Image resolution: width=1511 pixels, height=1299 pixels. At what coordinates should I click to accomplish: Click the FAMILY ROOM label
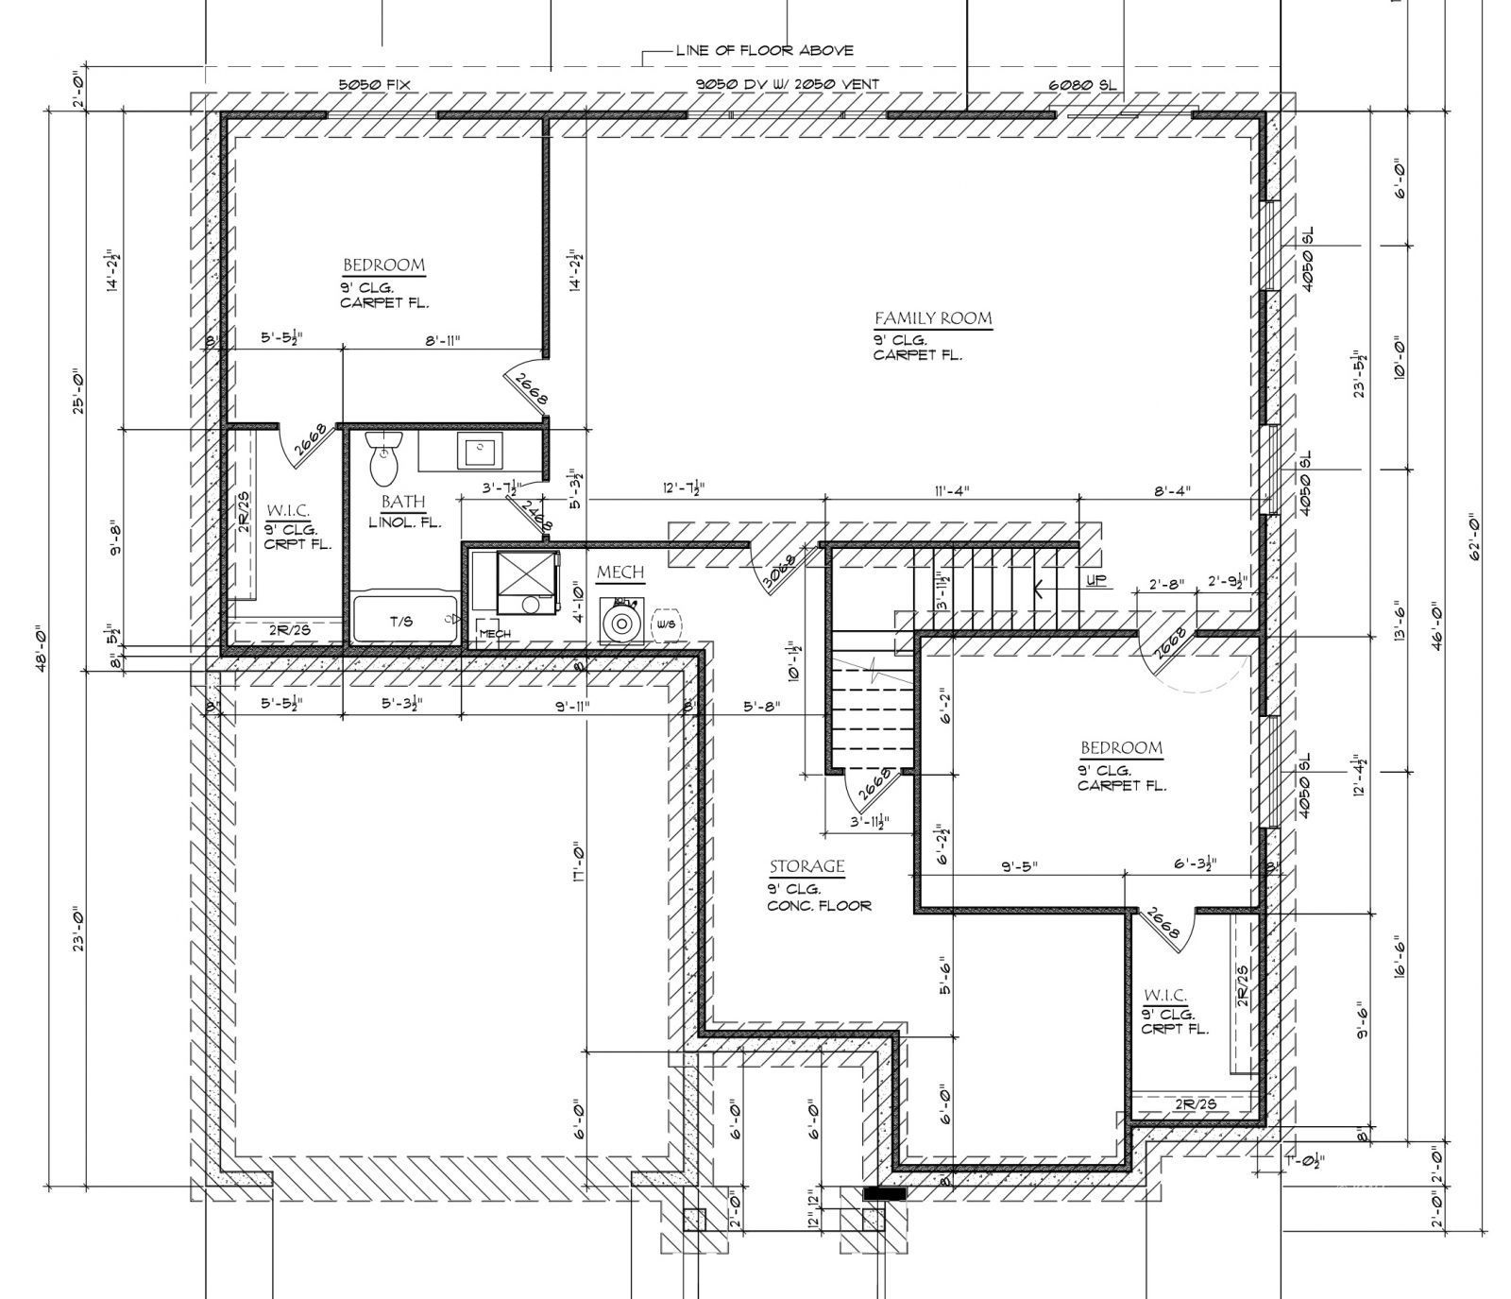pyautogui.click(x=932, y=318)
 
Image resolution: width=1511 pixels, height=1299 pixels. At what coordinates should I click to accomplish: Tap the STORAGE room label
pyautogui.click(x=806, y=867)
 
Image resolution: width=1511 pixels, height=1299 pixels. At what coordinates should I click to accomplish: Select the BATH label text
pyautogui.click(x=403, y=502)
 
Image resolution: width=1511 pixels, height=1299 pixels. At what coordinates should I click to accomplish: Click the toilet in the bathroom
pyautogui.click(x=383, y=457)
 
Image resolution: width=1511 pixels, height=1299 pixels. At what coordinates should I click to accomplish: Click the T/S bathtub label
pyautogui.click(x=402, y=622)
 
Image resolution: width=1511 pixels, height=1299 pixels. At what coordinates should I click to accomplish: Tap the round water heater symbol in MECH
pyautogui.click(x=621, y=624)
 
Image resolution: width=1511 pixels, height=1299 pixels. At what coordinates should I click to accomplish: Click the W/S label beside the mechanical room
pyautogui.click(x=666, y=624)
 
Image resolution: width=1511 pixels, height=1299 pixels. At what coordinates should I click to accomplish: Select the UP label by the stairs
pyautogui.click(x=1095, y=580)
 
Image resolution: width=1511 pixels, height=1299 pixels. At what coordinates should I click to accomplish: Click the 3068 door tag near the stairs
pyautogui.click(x=780, y=572)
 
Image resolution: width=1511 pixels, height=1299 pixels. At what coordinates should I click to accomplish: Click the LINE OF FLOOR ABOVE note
pyautogui.click(x=764, y=50)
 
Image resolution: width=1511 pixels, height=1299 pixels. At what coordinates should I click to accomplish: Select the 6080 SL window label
pyautogui.click(x=1081, y=84)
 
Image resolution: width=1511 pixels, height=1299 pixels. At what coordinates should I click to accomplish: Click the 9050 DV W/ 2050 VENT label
pyautogui.click(x=788, y=84)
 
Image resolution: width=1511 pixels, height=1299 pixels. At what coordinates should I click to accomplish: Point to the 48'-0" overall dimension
pyautogui.click(x=39, y=645)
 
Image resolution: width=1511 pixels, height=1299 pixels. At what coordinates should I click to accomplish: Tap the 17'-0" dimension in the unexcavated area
pyautogui.click(x=577, y=863)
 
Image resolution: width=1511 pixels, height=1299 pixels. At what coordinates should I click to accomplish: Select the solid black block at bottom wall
pyautogui.click(x=885, y=1194)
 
